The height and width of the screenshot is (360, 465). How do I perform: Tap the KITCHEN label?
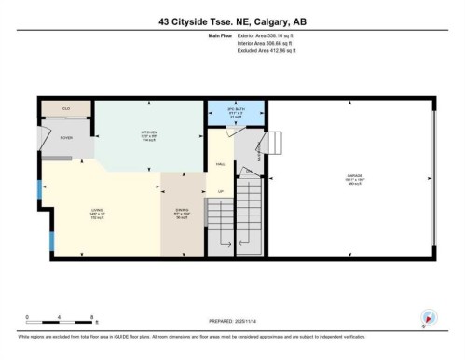pyautogui.click(x=148, y=133)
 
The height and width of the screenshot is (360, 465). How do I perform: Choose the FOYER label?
pyautogui.click(x=66, y=137)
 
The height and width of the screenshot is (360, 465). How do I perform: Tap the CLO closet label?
pyautogui.click(x=66, y=109)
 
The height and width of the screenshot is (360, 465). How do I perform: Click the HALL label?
pyautogui.click(x=220, y=163)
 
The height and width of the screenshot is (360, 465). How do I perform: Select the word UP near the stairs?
pyautogui.click(x=221, y=191)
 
